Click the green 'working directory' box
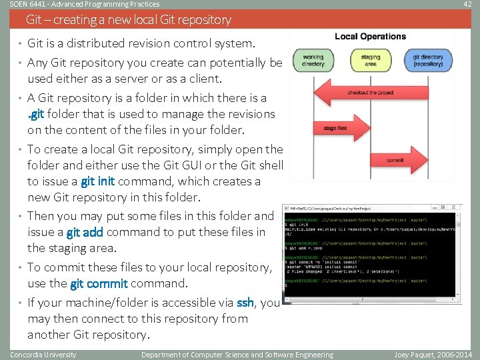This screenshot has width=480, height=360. [x=313, y=61]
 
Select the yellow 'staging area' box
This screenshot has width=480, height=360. [x=371, y=61]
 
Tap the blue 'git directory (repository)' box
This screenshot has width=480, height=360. [x=428, y=61]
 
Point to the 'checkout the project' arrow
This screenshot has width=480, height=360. [x=371, y=93]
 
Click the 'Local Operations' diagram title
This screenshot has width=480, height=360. [x=370, y=37]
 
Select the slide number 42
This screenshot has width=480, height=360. [x=467, y=5]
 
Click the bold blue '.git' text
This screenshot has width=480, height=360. [x=36, y=114]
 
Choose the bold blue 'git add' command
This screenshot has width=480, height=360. [x=85, y=232]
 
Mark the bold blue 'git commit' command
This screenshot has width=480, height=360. [x=99, y=283]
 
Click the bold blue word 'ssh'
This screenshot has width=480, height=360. [x=245, y=302]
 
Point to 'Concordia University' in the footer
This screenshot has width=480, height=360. [x=43, y=355]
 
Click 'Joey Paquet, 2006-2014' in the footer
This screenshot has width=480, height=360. [x=433, y=355]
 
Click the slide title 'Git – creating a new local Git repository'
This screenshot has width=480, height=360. [x=129, y=20]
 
